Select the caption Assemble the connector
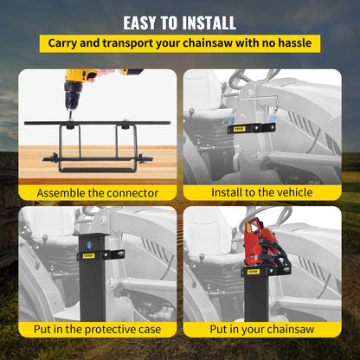97,192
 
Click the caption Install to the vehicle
261,192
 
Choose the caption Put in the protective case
97,330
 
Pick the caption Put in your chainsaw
261,330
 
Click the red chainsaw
264,247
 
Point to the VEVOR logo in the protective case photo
88,255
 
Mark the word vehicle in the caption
290,192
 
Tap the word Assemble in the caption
64,192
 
